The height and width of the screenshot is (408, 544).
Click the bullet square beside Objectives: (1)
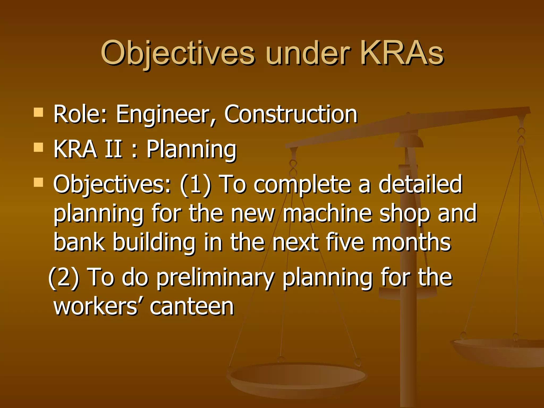coord(39,182)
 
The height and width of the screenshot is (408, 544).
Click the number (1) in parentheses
coord(195,185)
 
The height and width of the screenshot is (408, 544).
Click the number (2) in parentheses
coord(64,277)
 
